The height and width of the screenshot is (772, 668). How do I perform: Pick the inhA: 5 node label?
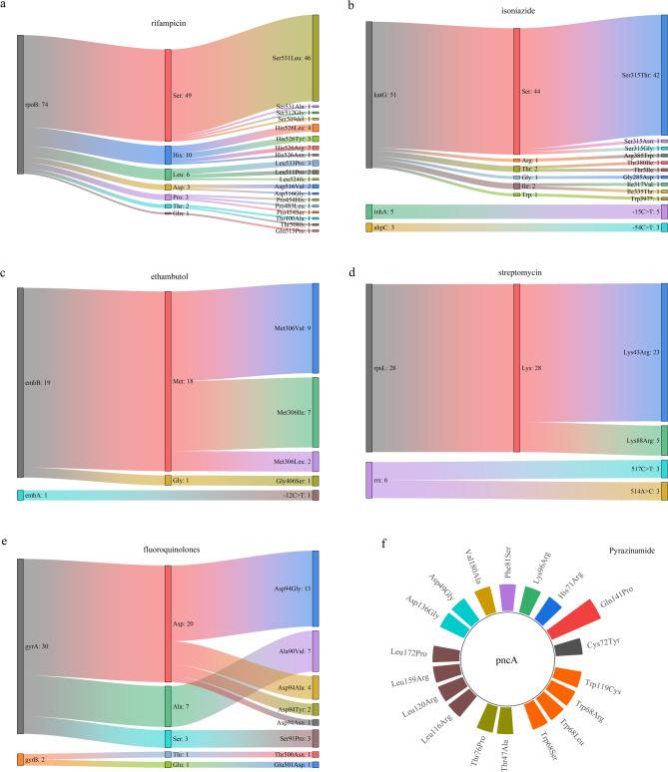384,211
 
